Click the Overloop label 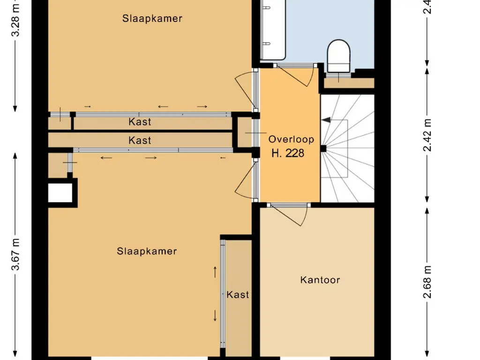point(291,139)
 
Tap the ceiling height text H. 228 point(288,153)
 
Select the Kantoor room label point(320,280)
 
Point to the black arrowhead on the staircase point(326,120)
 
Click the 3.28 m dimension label point(16,19)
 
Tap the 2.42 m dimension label point(427,136)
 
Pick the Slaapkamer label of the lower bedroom point(147,251)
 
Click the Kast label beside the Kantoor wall point(238,294)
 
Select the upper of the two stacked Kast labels point(140,122)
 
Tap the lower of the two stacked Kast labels point(140,140)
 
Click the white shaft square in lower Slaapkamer point(60,193)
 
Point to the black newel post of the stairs point(323,149)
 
